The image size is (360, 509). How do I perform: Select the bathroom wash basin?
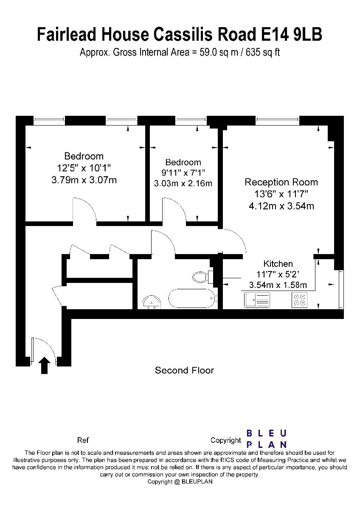click(152, 302)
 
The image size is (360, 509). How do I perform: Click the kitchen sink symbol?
click(257, 300)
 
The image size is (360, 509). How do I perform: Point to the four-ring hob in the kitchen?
click(300, 300)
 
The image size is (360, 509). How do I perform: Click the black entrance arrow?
click(44, 365)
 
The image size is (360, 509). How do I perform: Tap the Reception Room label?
click(281, 182)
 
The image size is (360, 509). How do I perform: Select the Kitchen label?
click(278, 264)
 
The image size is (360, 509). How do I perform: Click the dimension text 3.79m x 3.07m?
click(84, 180)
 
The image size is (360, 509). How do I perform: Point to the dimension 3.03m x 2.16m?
click(183, 183)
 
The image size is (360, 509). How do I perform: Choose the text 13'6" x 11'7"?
click(281, 194)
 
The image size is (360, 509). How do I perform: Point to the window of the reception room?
click(278, 120)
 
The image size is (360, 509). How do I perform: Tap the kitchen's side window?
click(340, 290)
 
